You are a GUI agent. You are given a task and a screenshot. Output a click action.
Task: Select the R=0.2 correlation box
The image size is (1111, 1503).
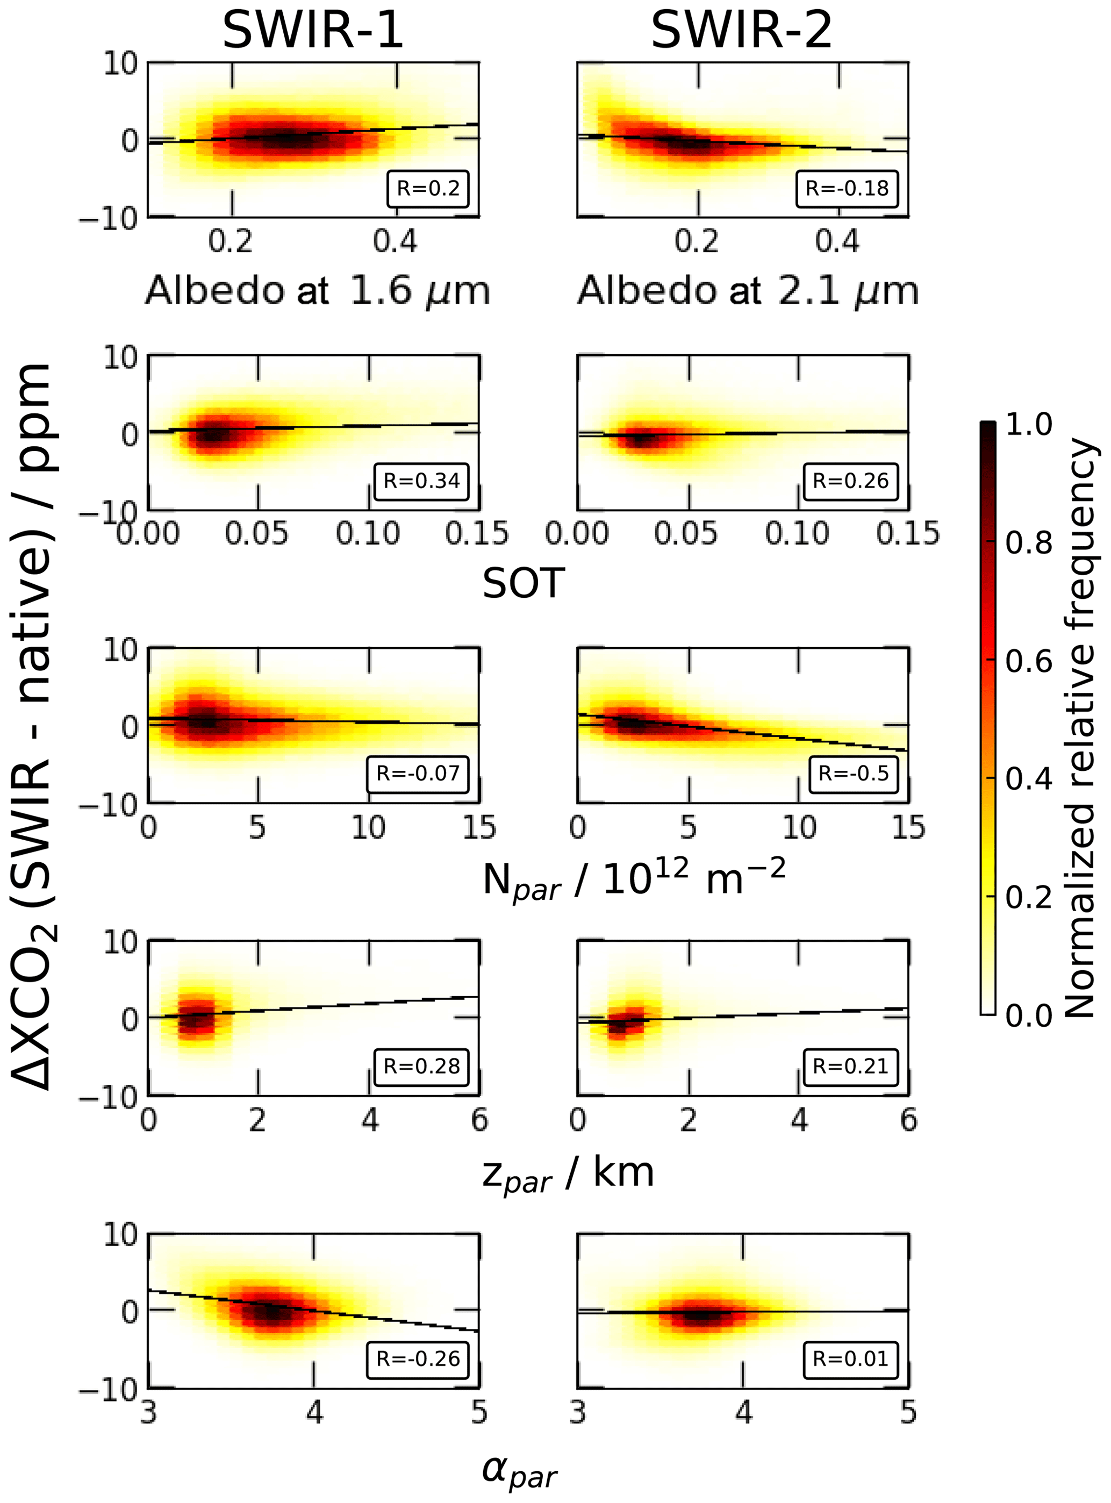tap(428, 188)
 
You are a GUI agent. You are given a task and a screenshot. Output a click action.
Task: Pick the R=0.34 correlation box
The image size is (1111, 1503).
tap(421, 481)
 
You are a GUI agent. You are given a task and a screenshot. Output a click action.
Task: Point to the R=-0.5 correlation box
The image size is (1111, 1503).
tap(853, 774)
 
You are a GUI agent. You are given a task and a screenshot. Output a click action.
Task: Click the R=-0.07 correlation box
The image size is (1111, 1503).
tap(418, 774)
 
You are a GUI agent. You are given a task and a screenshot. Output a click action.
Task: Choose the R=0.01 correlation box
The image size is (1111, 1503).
tap(850, 1358)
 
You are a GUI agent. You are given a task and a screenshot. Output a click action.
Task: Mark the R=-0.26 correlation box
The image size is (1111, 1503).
tap(418, 1358)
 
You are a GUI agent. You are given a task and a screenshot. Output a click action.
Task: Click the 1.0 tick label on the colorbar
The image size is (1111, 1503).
tap(1028, 425)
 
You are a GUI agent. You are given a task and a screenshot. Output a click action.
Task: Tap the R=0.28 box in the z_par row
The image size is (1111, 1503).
tap(421, 1066)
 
